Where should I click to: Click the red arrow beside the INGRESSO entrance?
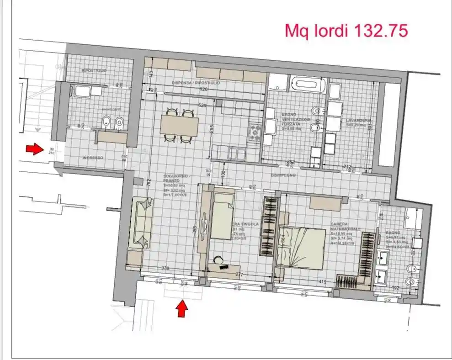pyautogui.click(x=34, y=148)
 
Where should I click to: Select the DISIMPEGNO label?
pyautogui.click(x=283, y=175)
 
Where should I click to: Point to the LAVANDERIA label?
pyautogui.click(x=358, y=120)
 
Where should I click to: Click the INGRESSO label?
pyautogui.click(x=93, y=158)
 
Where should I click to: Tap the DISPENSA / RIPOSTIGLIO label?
pyautogui.click(x=196, y=83)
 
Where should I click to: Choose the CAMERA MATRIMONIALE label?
pyautogui.click(x=346, y=227)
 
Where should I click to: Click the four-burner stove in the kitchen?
pyautogui.click(x=255, y=132)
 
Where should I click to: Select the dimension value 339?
pyautogui.click(x=165, y=268)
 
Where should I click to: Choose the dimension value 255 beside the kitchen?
pyautogui.click(x=212, y=129)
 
